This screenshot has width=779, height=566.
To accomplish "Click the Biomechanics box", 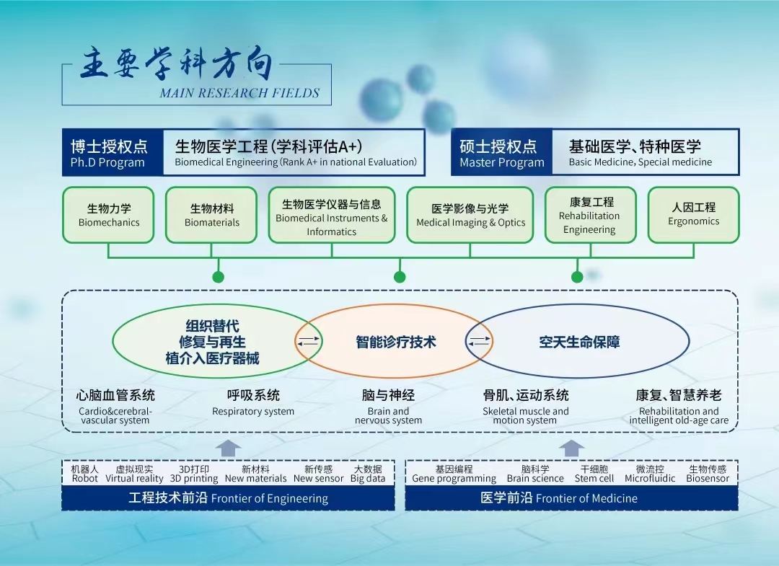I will click(108, 215).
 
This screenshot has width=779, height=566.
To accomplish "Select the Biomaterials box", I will click(211, 215).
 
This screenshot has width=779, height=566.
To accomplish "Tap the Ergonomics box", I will click(693, 215).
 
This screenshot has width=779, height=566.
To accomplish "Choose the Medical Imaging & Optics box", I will click(470, 215).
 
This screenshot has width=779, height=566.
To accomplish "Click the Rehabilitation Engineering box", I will click(590, 215).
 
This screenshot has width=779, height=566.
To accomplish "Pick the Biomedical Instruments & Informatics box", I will click(332, 215).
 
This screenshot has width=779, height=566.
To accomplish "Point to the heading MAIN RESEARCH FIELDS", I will click(239, 93).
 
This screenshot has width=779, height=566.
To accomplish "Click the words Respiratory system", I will click(253, 412).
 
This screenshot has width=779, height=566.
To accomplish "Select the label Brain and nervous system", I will click(388, 416).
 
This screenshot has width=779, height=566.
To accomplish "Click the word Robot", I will click(85, 478).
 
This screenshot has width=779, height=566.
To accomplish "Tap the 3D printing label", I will click(194, 478).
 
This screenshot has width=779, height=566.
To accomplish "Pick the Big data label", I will click(368, 478).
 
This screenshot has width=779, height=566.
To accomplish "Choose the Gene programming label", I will click(454, 478).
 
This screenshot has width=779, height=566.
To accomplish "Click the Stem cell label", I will click(594, 478).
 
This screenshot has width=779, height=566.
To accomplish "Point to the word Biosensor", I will click(708, 478).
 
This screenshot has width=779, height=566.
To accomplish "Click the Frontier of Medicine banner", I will click(571, 498).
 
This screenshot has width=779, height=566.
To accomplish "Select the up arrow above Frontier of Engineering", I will click(228, 448).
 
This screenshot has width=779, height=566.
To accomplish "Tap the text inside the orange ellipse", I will click(396, 342).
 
